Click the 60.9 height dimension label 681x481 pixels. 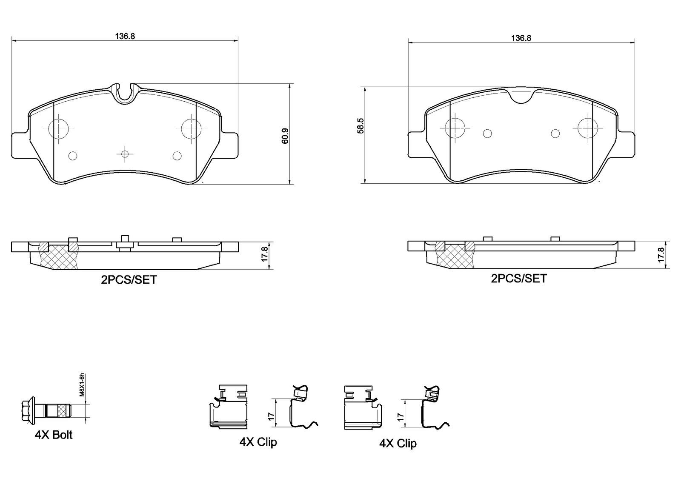tap(285, 136)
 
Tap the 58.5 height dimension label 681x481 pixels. tap(361, 125)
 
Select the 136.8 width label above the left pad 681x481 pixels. tap(125, 36)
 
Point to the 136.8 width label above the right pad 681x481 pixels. tap(521, 38)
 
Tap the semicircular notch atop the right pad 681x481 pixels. tap(521, 97)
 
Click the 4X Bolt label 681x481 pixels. tap(54, 435)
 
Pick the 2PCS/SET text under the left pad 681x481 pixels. tap(129, 280)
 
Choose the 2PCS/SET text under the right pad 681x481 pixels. tap(519, 278)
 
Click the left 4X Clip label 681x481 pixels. tap(258, 442)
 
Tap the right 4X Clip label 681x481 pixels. tap(398, 444)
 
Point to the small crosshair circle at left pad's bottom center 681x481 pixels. tap(125, 154)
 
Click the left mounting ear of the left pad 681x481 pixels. tap(20, 145)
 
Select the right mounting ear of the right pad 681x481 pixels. tap(626, 145)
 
